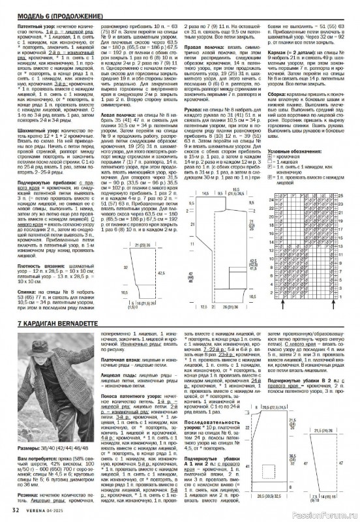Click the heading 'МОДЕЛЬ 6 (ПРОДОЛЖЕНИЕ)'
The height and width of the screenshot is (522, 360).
(50, 14)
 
